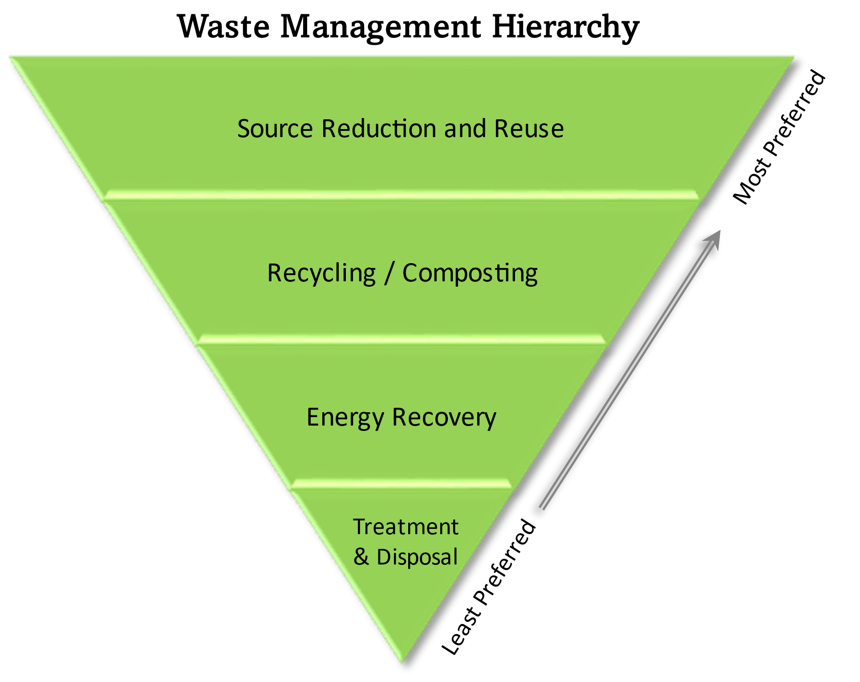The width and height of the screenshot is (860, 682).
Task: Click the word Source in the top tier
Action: click(275, 129)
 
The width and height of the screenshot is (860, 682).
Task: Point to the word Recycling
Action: click(321, 273)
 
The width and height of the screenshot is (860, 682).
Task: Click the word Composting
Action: click(470, 273)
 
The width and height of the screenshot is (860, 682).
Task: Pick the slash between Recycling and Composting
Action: click(389, 273)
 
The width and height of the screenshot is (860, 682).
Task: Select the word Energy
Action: click(345, 418)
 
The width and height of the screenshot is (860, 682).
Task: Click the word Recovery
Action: click(444, 418)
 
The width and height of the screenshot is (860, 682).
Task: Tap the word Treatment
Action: click(406, 527)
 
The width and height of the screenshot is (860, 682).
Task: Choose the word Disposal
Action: click(417, 557)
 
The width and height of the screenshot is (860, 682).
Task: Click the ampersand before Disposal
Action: click(361, 557)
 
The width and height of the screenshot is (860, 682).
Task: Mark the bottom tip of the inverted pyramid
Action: click(402, 662)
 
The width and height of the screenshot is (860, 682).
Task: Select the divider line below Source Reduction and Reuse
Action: click(401, 195)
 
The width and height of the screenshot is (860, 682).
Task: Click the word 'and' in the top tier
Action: click(465, 129)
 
